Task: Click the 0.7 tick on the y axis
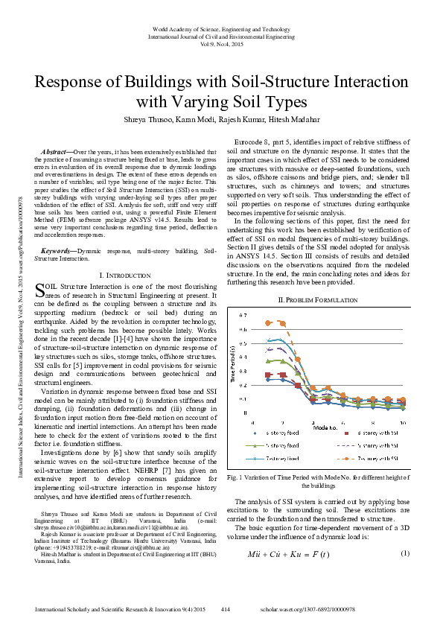pos(241,316)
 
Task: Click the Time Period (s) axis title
pos(232,363)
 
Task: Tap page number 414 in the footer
pos(225,608)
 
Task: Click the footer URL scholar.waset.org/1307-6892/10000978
pos(355,608)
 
